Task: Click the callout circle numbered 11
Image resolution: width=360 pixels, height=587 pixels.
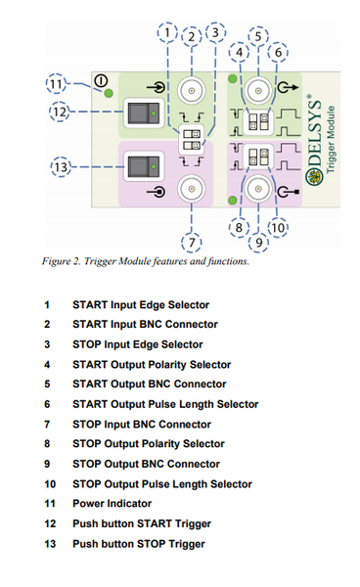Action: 56,84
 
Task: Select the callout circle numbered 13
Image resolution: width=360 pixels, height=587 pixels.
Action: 56,169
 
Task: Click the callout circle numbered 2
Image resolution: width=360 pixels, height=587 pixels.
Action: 192,37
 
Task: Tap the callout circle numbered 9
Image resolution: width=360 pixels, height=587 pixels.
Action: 259,240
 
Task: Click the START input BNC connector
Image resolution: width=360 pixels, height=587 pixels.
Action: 192,91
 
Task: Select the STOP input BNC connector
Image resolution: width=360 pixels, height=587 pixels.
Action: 192,189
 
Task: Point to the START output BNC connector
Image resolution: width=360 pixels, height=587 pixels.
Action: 258,90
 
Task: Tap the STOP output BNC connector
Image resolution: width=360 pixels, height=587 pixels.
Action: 259,190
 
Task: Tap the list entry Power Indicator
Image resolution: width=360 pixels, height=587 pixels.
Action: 112,503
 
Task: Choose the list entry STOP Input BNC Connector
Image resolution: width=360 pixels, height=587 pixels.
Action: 141,424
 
